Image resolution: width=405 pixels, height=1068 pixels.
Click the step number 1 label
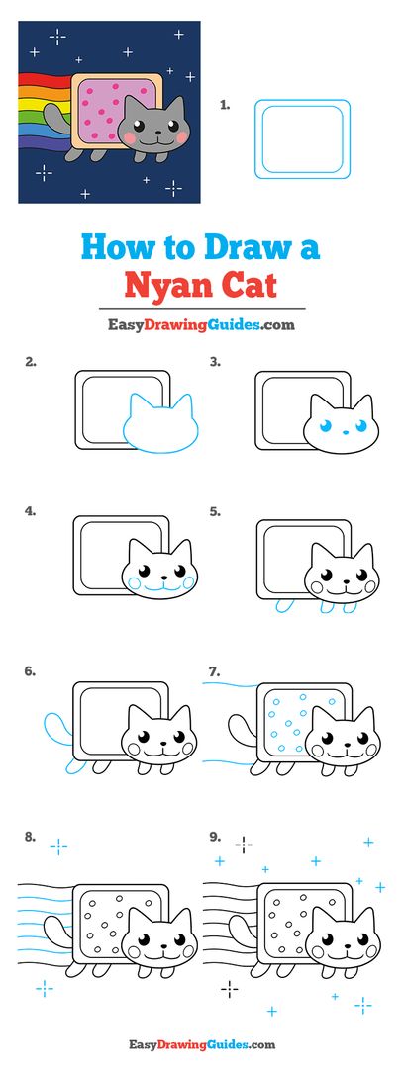coord(225,102)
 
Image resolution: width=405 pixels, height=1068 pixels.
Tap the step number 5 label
coord(214,511)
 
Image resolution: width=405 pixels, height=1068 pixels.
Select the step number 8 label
coord(31,837)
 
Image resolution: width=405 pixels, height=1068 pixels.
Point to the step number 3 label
coord(214,362)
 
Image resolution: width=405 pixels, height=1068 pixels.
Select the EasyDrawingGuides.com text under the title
coord(201,324)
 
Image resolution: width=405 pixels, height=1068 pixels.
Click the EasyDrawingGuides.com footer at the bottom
coord(201,1044)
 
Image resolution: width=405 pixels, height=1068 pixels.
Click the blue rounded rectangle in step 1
coord(302,138)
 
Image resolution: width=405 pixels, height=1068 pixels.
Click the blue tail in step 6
coord(51,733)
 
